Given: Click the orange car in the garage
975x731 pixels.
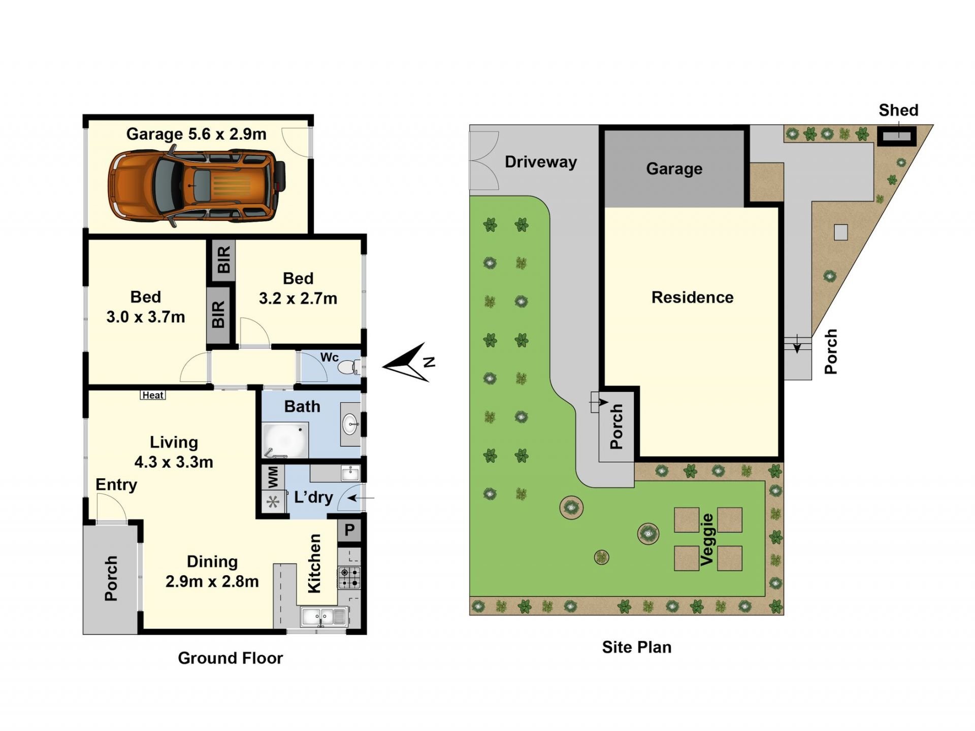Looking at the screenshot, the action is click(x=197, y=186).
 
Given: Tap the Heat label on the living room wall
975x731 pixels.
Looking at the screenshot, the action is click(x=153, y=395).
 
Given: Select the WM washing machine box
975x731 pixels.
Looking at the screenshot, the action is click(x=273, y=477).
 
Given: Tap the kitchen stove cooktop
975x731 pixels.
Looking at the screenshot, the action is click(x=349, y=578).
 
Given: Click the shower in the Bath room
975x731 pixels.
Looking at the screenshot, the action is click(x=285, y=440).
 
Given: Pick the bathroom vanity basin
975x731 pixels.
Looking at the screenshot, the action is click(x=350, y=424).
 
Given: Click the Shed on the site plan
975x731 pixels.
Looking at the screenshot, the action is click(x=897, y=136).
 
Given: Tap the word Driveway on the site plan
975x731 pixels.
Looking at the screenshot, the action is click(x=541, y=162).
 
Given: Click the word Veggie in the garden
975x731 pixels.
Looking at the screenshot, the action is click(x=707, y=539).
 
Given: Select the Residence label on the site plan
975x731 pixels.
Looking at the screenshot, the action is click(x=692, y=297).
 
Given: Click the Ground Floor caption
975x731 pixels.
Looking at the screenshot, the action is click(x=230, y=658).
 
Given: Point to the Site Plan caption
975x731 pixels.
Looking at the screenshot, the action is click(x=637, y=647).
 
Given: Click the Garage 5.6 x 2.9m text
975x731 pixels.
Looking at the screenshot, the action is click(x=196, y=134).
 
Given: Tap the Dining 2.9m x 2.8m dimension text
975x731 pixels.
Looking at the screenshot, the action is click(x=212, y=572).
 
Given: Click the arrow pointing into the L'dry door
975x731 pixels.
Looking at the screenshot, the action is click(x=361, y=498).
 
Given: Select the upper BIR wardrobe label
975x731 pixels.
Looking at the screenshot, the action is click(x=224, y=259).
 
